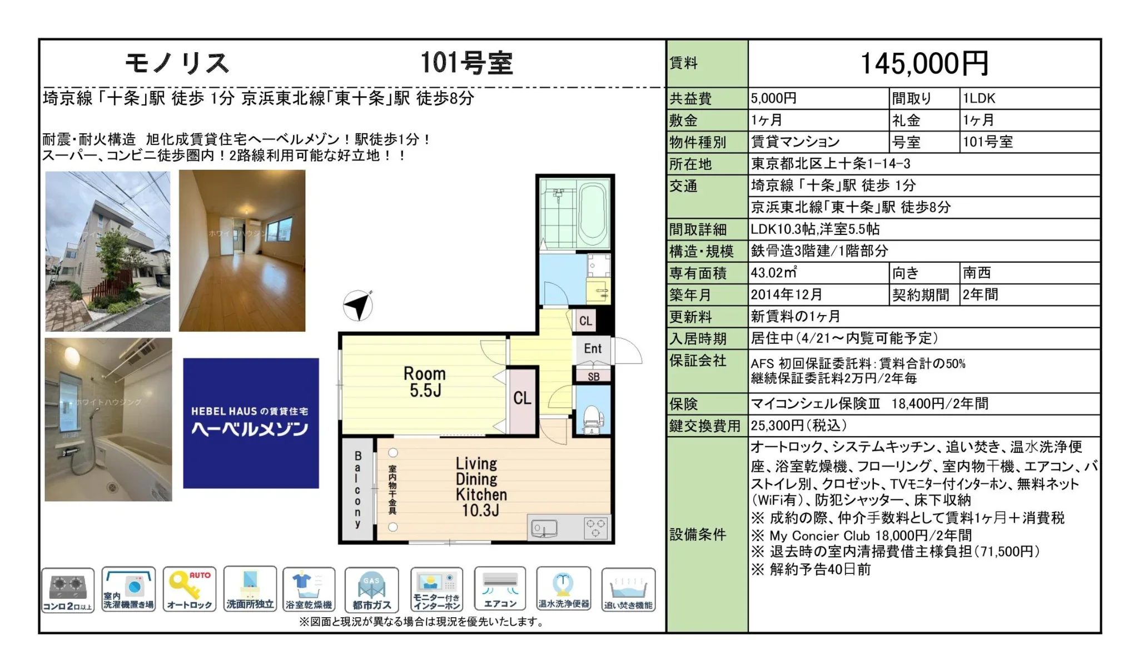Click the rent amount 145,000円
925,63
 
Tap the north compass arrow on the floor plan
357,305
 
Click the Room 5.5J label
425,382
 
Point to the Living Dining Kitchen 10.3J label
481,487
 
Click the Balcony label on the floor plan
357,489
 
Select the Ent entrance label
593,348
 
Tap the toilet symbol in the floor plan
593,418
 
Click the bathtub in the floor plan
593,214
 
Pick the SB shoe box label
593,376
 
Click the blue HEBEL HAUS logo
251,423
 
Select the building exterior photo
108,251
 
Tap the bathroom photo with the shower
108,419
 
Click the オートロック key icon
190,589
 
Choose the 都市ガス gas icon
371,589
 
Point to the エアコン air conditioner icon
500,589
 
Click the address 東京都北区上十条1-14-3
831,164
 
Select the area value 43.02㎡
773,273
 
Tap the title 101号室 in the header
466,63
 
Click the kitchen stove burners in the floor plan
595,527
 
